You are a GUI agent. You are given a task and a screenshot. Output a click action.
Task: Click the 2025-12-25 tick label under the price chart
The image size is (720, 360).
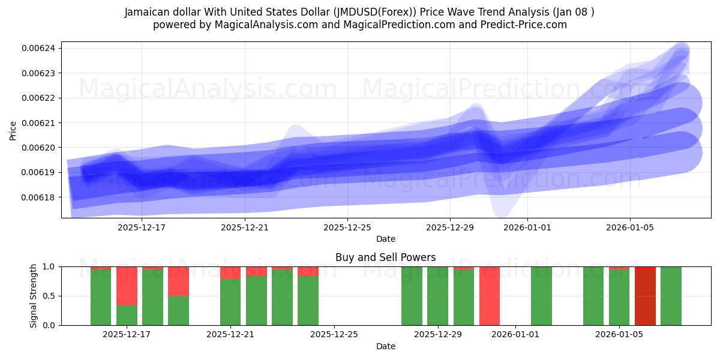point(347,227)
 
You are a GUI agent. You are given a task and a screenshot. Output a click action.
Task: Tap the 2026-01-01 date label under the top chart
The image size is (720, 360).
point(527,227)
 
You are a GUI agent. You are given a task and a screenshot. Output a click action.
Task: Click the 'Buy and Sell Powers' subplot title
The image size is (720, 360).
point(385,257)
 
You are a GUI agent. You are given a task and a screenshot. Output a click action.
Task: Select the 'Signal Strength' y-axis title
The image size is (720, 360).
point(34,296)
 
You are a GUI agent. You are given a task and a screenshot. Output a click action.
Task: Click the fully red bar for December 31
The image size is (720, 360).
point(490,296)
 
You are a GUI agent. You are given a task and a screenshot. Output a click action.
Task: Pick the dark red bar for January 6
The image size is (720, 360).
point(645,296)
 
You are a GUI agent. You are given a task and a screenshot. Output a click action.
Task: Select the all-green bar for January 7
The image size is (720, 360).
point(671,296)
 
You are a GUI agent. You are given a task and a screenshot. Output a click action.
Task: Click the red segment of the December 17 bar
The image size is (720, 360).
point(127,286)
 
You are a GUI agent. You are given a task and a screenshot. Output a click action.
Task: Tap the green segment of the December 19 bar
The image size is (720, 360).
point(178,310)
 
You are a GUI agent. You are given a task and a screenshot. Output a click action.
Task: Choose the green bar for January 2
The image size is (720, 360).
point(541,296)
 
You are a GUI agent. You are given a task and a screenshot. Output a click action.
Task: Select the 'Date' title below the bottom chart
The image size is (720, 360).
point(385,346)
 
